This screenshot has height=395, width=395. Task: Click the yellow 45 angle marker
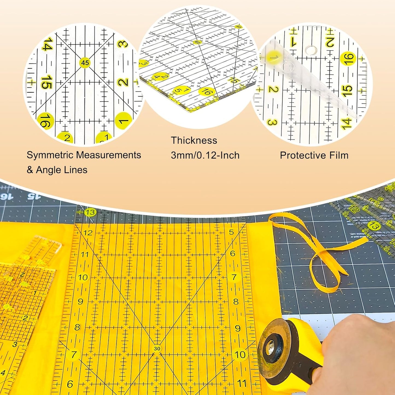point(85,63)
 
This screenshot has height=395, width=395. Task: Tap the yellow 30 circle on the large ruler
point(157,349)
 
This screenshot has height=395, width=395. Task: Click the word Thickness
point(194,141)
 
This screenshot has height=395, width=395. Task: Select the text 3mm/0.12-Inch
point(205,155)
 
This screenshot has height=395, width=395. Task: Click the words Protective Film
point(314,155)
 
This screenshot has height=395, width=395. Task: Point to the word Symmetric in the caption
point(50,155)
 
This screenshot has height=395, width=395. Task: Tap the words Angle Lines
point(62,170)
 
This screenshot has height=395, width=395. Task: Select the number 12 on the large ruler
point(88,233)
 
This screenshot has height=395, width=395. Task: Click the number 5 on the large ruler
point(231,232)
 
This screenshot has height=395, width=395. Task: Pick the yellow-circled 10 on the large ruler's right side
point(240,355)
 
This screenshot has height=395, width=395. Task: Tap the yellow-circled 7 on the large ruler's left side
point(74,355)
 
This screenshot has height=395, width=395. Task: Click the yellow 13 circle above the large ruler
point(90,212)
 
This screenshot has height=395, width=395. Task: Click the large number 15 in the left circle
point(46,82)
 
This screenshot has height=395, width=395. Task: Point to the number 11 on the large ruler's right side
point(242,383)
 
